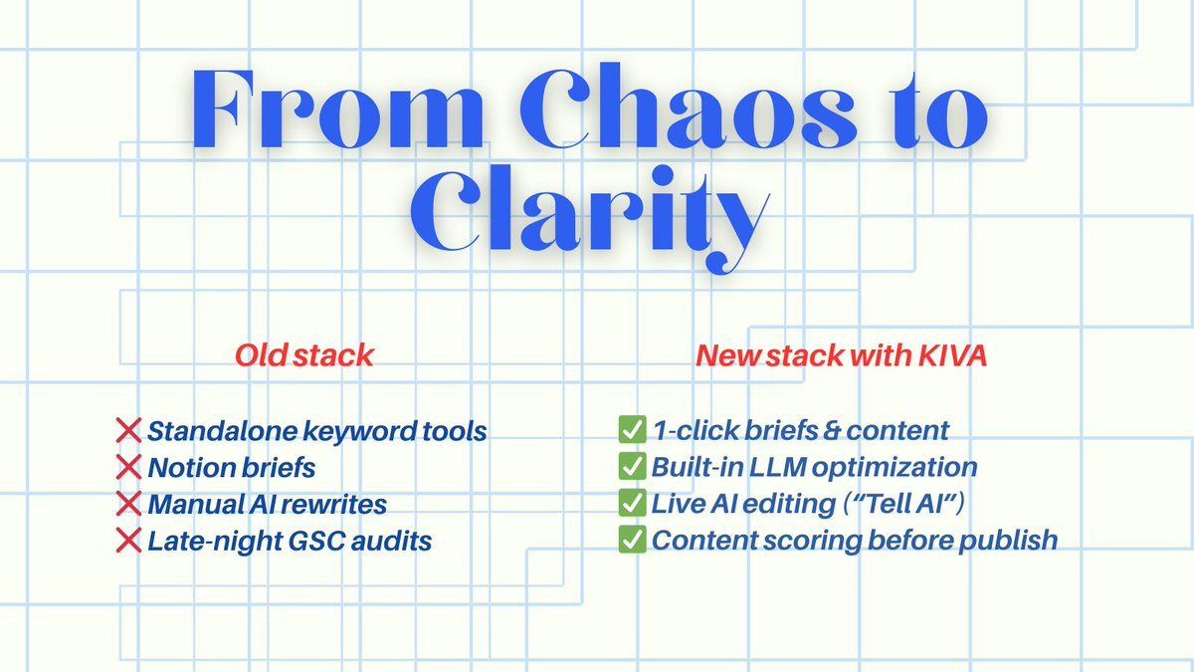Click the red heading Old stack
tap(304, 355)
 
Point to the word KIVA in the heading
tap(952, 355)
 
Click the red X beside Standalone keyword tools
tap(129, 431)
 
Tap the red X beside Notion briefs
tap(129, 467)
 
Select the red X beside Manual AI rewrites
tap(129, 504)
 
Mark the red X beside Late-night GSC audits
tap(129, 541)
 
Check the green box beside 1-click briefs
tap(632, 431)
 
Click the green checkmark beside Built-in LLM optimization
tap(632, 467)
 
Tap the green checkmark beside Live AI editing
tap(632, 504)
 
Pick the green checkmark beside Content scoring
tap(632, 541)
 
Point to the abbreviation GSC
tap(309, 541)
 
